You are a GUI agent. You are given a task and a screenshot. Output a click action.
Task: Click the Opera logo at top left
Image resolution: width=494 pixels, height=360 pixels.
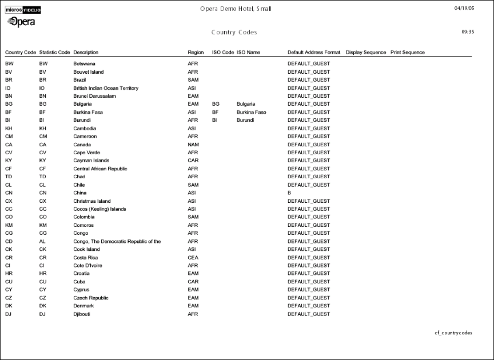(21, 22)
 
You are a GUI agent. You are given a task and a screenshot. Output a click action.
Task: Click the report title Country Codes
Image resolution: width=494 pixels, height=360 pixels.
(234, 33)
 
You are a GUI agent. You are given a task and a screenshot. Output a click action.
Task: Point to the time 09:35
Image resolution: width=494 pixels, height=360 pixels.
(467, 32)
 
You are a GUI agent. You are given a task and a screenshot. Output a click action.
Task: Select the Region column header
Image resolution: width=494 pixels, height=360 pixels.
(196, 53)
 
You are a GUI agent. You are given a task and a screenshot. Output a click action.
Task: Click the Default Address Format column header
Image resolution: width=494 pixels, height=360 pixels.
(314, 53)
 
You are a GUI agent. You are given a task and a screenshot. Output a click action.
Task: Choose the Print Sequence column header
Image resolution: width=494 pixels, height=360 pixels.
(407, 53)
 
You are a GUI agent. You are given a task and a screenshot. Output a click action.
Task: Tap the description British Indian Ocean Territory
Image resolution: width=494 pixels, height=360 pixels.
(106, 88)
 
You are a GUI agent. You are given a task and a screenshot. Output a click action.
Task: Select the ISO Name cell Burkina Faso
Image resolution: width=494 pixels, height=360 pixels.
(251, 113)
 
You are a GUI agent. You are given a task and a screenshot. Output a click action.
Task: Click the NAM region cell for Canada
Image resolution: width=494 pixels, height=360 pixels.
(193, 145)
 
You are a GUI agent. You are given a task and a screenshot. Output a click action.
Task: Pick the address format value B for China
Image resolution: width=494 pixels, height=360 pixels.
(289, 193)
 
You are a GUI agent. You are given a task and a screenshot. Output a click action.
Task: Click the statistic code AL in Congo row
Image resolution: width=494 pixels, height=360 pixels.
(42, 241)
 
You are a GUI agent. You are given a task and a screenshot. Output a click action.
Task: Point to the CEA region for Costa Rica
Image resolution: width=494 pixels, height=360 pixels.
(193, 258)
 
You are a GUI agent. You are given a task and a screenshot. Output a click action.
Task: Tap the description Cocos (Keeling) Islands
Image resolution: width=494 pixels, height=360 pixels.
(99, 209)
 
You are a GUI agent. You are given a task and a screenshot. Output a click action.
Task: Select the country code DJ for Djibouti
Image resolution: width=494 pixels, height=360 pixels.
(8, 314)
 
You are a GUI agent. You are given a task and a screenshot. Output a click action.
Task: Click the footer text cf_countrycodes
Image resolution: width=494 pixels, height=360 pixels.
(453, 333)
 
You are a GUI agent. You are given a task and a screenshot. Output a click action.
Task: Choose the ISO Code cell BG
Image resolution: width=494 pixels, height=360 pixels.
(216, 105)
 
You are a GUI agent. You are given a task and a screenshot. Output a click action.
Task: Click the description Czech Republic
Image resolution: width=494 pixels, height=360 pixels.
(91, 298)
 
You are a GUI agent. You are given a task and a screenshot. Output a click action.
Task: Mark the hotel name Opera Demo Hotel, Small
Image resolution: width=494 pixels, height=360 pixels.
(236, 9)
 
